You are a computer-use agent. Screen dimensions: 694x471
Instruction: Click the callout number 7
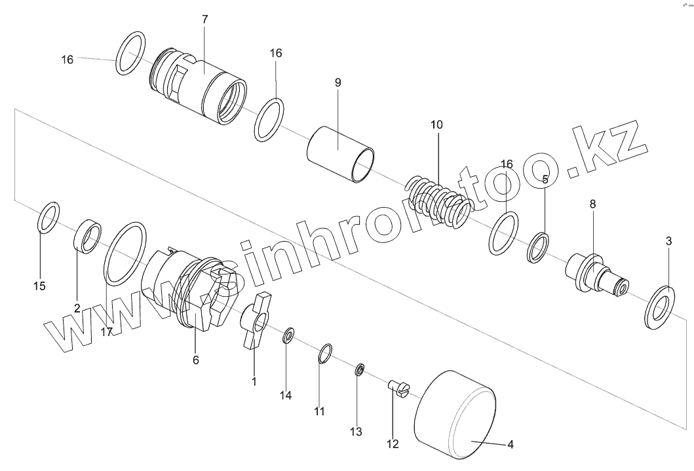point(204,19)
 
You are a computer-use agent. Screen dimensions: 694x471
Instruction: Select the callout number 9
point(337,83)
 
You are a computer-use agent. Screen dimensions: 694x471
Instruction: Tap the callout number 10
point(436,124)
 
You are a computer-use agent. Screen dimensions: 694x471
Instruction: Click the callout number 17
point(107,331)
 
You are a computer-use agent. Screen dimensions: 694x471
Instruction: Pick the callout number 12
point(393,443)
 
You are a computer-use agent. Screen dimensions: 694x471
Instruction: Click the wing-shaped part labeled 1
point(254,322)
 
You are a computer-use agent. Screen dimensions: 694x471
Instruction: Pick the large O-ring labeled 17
point(125,254)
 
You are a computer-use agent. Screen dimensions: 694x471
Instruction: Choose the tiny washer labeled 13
point(359,371)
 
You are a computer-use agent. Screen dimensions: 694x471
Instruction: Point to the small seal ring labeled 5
point(538,247)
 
